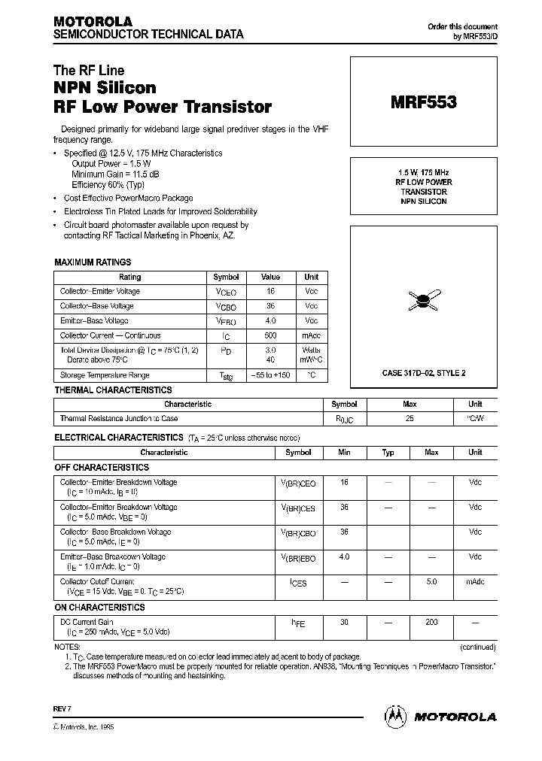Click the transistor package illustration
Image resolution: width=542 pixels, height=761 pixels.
click(x=424, y=301)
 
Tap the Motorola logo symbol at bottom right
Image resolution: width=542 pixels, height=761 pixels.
click(x=396, y=716)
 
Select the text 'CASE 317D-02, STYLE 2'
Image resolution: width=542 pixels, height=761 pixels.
click(x=423, y=373)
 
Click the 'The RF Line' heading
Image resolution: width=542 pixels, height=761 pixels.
click(x=89, y=71)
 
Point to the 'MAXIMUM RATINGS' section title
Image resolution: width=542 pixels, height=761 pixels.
click(x=93, y=262)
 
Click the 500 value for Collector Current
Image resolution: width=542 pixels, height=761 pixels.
click(x=271, y=336)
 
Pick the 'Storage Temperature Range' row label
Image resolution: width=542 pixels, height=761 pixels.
click(x=105, y=375)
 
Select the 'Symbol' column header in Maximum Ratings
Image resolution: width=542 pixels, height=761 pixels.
click(x=226, y=277)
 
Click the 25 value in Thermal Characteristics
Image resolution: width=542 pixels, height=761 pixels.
click(x=410, y=418)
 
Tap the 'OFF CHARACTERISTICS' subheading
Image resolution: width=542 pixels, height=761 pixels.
click(x=102, y=468)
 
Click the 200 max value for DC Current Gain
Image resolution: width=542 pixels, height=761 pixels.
click(x=431, y=623)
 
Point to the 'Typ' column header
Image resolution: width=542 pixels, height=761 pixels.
click(x=388, y=453)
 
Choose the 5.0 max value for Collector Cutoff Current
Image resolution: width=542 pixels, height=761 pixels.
click(x=431, y=581)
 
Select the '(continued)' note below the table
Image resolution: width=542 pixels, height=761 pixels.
click(x=477, y=647)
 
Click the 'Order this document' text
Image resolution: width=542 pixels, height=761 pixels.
click(x=462, y=26)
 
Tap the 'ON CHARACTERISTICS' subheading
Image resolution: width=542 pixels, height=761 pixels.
click(x=100, y=607)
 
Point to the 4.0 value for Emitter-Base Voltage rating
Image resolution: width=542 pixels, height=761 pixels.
click(x=271, y=321)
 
